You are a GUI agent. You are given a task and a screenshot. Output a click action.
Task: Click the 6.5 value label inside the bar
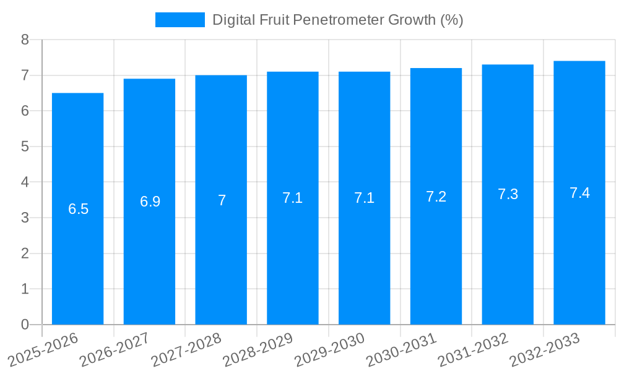coord(79,209)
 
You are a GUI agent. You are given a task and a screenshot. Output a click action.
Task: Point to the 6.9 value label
coord(150,202)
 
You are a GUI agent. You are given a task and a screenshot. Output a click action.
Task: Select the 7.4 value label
coord(579,193)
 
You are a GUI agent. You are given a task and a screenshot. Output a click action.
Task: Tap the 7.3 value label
coord(508,194)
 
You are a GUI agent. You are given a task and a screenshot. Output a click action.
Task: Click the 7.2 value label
coord(436,197)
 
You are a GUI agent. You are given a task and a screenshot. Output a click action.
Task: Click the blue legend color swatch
coord(180,20)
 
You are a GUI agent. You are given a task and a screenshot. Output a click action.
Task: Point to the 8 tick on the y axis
coord(25,40)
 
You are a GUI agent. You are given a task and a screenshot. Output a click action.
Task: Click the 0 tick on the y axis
coord(25,324)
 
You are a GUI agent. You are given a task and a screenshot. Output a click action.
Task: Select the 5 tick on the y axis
coord(25,147)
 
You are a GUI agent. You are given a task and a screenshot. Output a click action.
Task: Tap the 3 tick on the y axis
coord(25,218)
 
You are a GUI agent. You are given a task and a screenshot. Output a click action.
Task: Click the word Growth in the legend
coord(412,20)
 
